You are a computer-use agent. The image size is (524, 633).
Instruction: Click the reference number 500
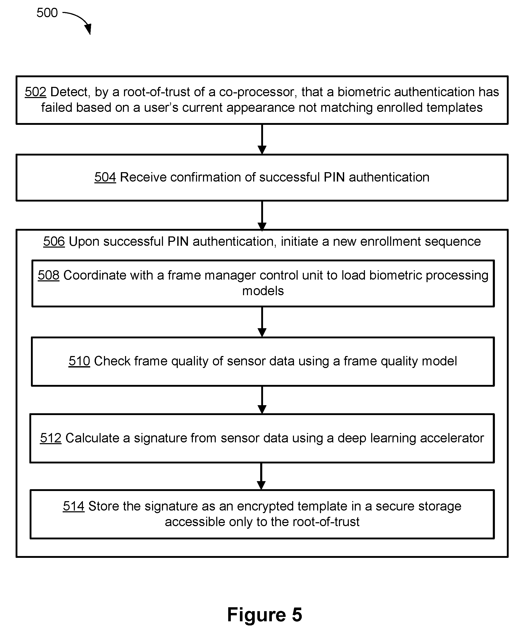tap(47, 13)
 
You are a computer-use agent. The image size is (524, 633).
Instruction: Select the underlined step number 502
tap(36, 92)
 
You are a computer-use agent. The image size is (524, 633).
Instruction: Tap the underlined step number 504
tap(105, 177)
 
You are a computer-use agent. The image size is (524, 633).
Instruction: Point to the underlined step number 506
tap(54, 241)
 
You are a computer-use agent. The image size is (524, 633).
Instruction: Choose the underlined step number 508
tap(49, 275)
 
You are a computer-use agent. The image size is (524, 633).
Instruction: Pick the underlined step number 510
tap(79, 361)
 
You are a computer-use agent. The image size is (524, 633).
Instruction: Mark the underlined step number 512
tap(51, 438)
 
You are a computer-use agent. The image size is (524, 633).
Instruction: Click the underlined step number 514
tap(74, 506)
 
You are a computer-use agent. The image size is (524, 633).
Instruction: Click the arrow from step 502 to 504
tap(262, 139)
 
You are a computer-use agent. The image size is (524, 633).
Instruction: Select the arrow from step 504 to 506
tap(262, 216)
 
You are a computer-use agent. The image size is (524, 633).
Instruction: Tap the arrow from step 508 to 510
tap(262, 322)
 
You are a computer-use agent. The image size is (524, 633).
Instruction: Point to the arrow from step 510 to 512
tap(262, 400)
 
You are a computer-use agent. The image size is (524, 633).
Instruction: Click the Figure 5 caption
tap(265, 615)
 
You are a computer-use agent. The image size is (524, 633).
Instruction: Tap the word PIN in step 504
tap(334, 177)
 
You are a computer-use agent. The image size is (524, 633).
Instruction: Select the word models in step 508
tap(263, 291)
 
